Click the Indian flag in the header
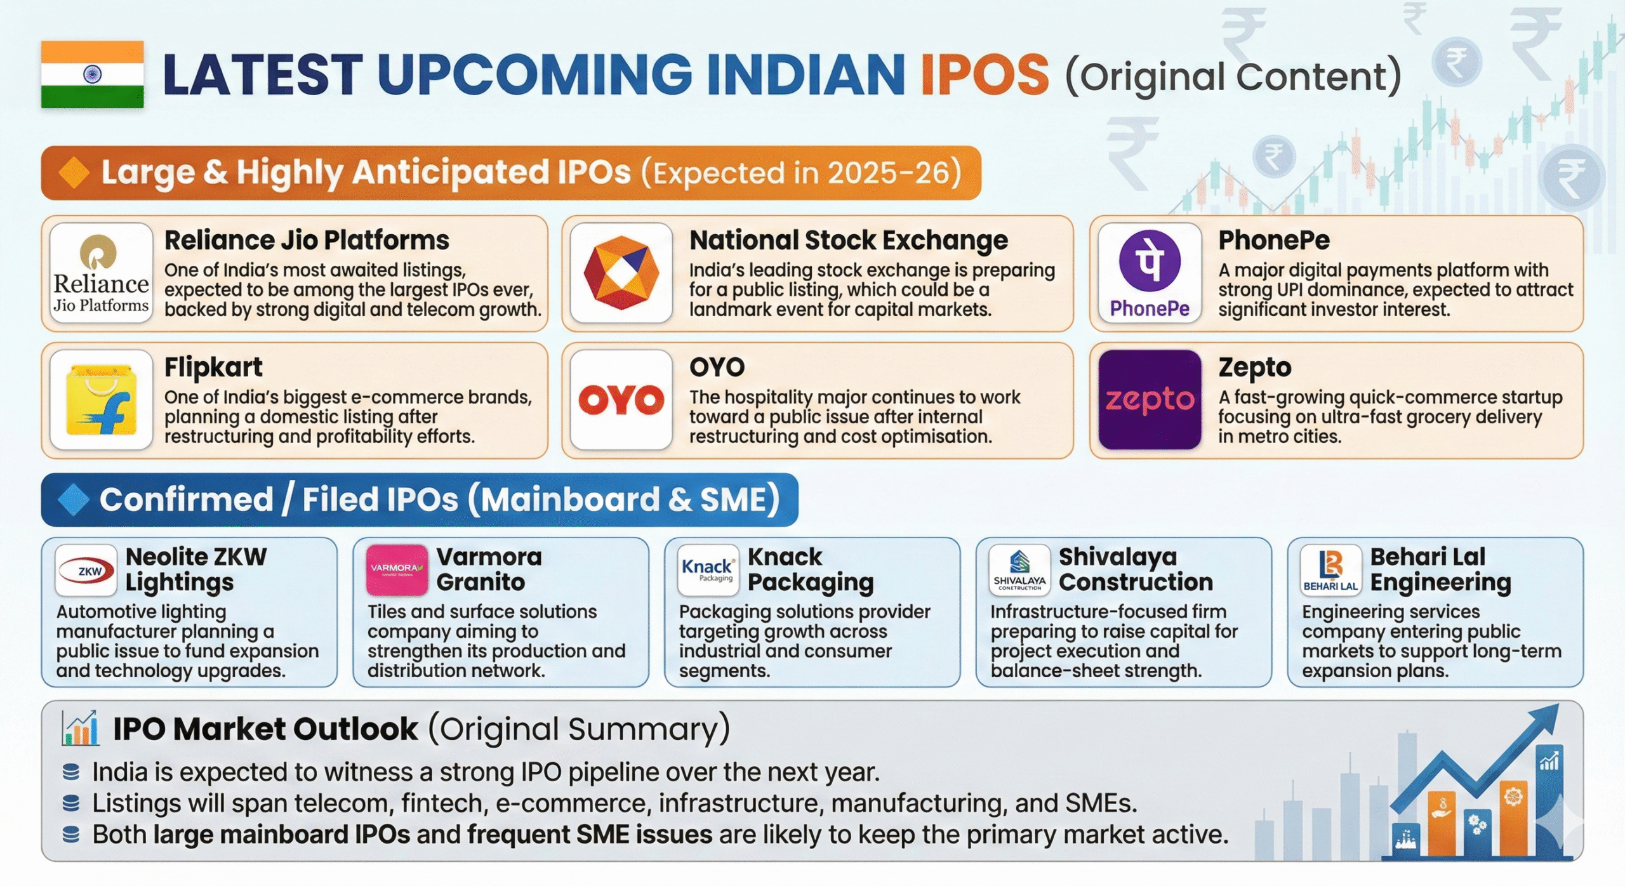pos(92,74)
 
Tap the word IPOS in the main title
pos(985,75)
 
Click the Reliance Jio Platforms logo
pos(101,273)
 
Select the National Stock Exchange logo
pos(621,273)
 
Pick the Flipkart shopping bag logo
pos(101,400)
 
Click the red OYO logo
pos(621,400)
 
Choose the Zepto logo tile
pos(1150,400)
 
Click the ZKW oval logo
pos(86,570)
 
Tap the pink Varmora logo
pos(397,570)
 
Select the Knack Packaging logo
pos(708,570)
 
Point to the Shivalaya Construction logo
pos(1019,570)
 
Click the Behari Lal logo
pos(1330,570)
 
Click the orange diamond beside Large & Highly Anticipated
pos(74,173)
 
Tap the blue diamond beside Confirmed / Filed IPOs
pos(74,499)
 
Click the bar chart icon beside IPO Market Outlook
pos(81,728)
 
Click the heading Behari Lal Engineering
pos(1440,569)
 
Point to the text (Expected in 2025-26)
pos(801,173)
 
